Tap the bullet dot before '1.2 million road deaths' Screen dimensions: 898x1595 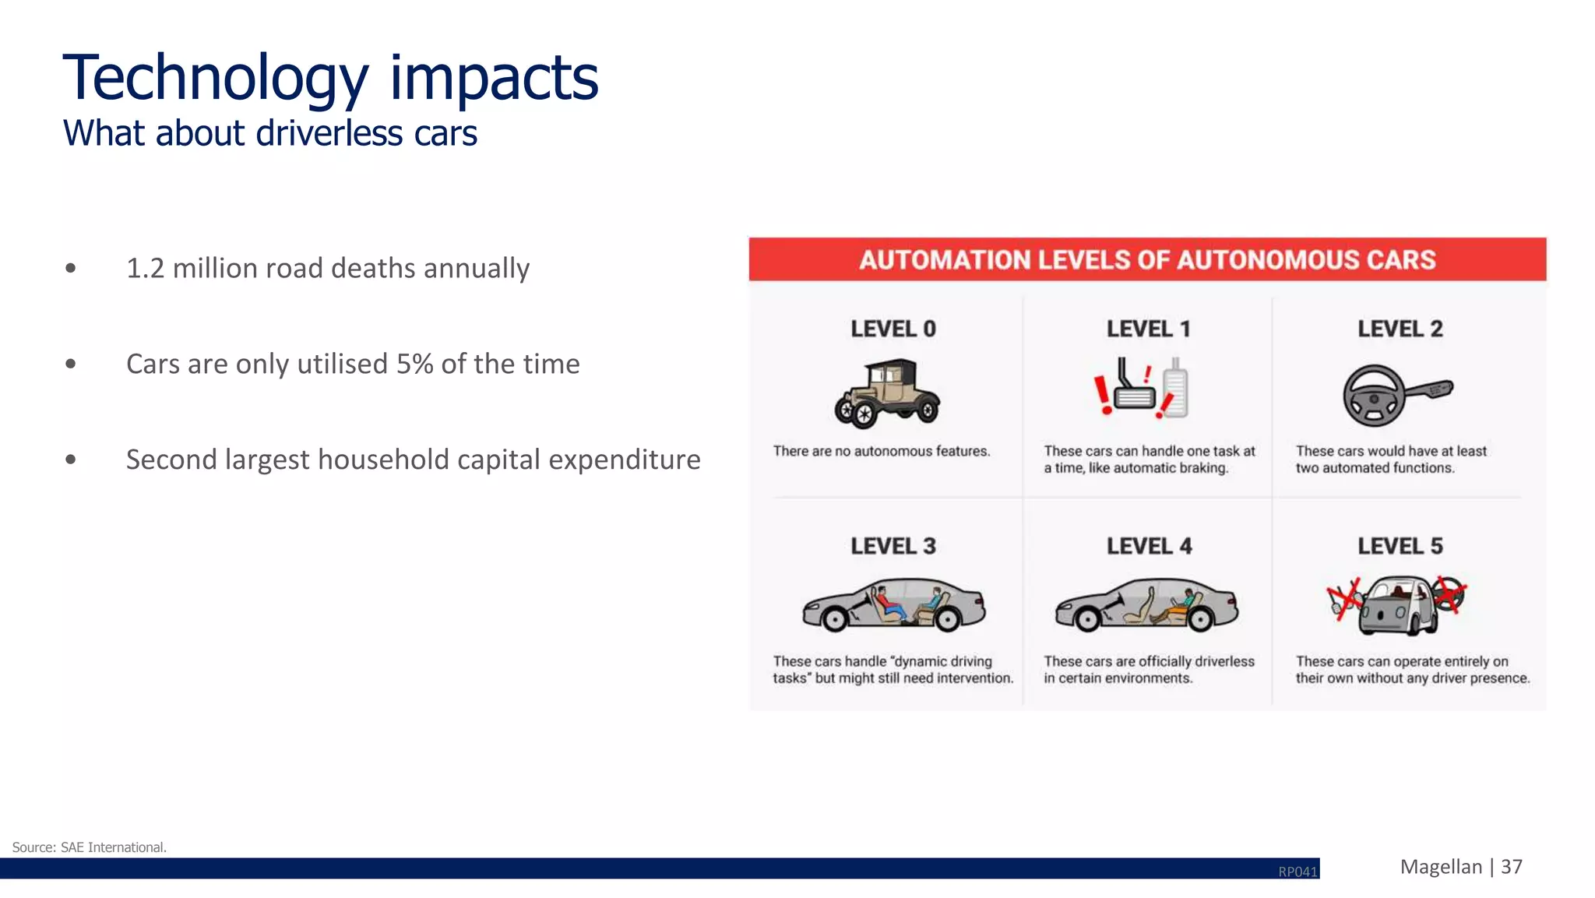pos(71,269)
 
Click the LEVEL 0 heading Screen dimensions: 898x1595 pos(893,329)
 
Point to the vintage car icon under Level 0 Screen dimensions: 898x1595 pos(888,393)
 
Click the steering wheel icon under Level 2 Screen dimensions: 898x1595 pos(1374,396)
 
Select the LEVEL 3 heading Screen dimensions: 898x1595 pos(893,546)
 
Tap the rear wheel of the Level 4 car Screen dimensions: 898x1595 pos(1200,619)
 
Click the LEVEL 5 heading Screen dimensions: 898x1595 pos(1400,546)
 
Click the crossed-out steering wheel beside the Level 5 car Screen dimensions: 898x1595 pos(1449,594)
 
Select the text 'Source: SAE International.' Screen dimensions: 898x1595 pos(90,847)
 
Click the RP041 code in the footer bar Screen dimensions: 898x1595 pos(1297,872)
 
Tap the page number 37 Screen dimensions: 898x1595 pos(1511,867)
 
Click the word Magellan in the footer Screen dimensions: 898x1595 pos(1441,867)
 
